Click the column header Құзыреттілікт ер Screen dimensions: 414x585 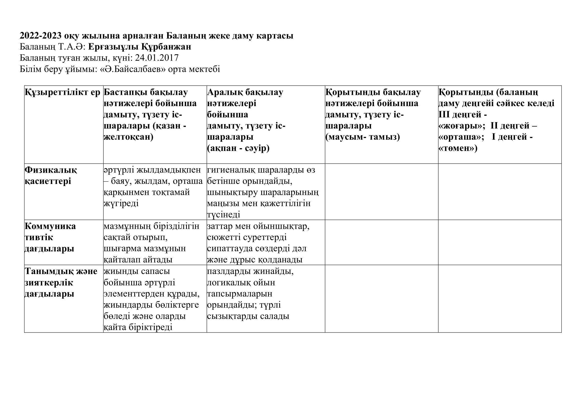[63, 92]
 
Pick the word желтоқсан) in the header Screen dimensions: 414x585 [128, 137]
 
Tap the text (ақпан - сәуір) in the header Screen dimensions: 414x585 [238, 148]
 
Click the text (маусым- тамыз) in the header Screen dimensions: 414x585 [363, 137]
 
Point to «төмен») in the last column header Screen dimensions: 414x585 [458, 148]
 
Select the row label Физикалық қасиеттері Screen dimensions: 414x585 [51, 176]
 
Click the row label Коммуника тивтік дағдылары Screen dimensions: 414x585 [50, 237]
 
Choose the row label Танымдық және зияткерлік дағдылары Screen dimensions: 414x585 [61, 282]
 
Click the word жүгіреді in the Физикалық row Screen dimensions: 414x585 [121, 203]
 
